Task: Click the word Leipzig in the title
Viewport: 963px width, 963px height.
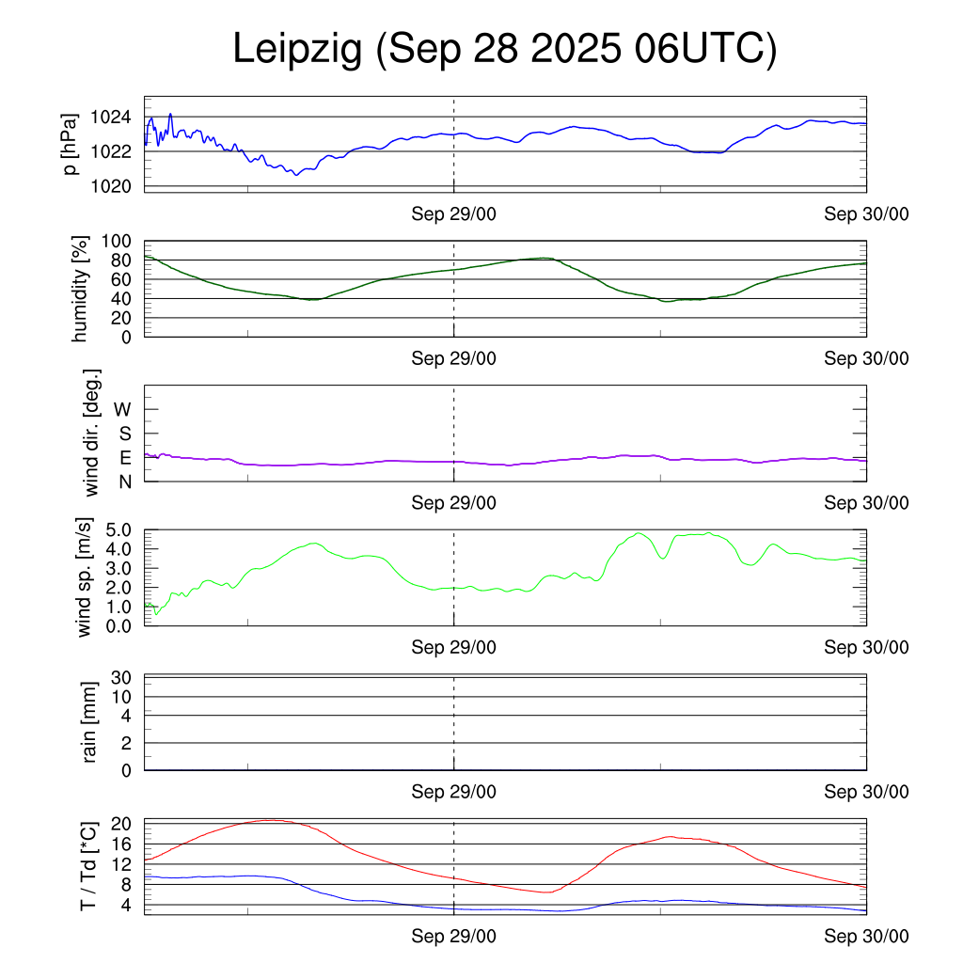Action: [298, 50]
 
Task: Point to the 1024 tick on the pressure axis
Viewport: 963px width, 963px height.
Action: [111, 118]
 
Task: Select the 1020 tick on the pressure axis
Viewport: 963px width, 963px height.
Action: [111, 186]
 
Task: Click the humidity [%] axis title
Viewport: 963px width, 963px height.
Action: [83, 290]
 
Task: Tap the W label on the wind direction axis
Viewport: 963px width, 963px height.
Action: [122, 410]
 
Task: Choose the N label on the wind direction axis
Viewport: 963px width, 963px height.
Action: [123, 481]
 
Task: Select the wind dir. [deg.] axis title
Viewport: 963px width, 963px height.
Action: [91, 433]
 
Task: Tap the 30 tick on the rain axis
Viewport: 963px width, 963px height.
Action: [123, 677]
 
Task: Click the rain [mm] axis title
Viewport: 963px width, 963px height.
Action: [90, 723]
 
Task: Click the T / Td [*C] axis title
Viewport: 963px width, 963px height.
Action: [87, 866]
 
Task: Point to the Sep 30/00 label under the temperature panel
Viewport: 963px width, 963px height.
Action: [866, 937]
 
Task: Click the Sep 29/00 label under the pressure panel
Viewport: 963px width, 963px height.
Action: [453, 213]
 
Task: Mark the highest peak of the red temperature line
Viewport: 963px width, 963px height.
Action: [270, 820]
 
